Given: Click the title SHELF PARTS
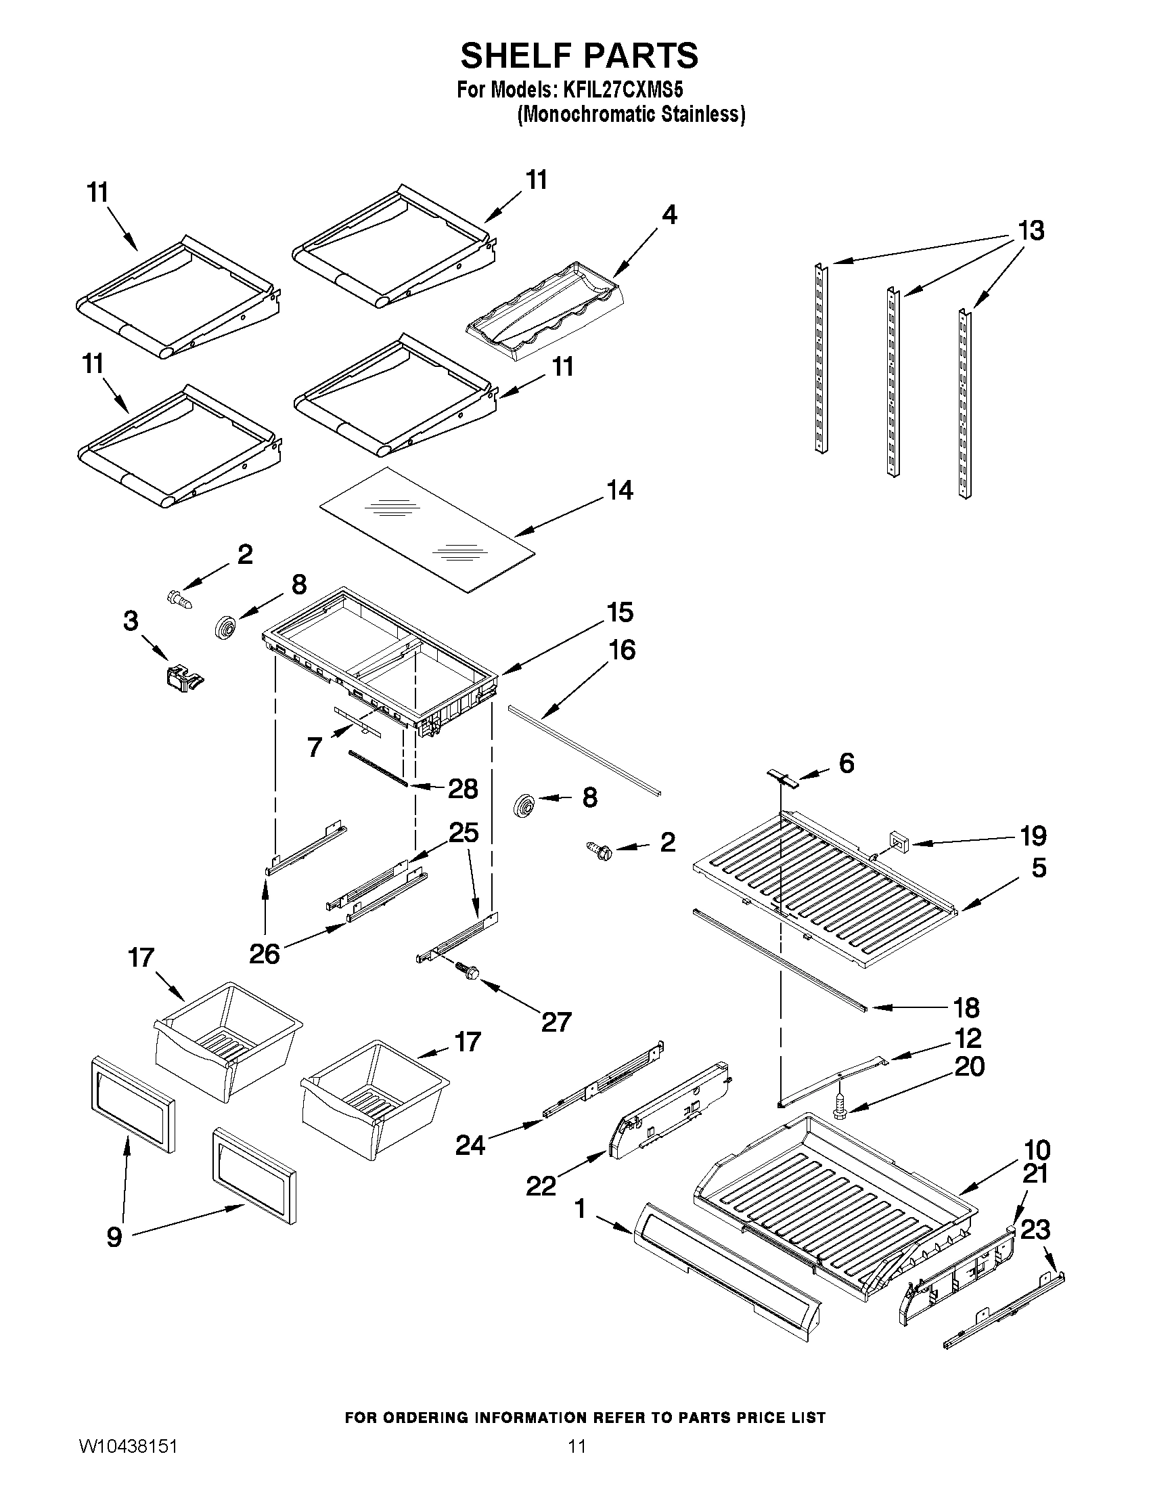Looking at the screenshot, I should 579,56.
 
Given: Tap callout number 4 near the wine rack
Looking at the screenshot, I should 670,215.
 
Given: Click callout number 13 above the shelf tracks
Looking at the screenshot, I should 1031,232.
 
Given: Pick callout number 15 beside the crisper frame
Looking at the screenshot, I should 620,612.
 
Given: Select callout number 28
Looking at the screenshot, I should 463,789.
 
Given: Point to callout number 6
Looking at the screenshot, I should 847,764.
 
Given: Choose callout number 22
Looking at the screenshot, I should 541,1187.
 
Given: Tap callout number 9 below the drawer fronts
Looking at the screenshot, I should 114,1236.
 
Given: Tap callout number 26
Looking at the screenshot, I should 265,954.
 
